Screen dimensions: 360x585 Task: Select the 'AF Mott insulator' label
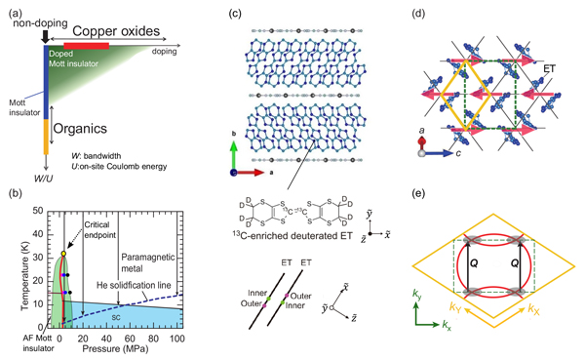pyautogui.click(x=24, y=347)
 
